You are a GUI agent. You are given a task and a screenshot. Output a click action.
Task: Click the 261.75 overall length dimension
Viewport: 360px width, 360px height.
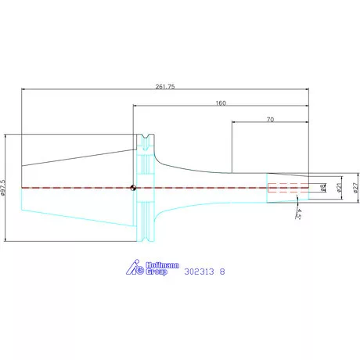click(x=165, y=87)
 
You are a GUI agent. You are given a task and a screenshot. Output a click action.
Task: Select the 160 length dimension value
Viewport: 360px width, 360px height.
click(x=221, y=103)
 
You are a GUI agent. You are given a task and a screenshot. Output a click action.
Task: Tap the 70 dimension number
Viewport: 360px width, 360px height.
click(x=270, y=120)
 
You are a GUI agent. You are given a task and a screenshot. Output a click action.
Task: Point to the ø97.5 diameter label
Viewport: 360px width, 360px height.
click(x=3, y=187)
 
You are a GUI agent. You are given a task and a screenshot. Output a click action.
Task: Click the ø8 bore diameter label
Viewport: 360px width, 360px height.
click(x=323, y=188)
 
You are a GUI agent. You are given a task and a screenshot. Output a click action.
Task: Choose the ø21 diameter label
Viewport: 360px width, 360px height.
click(x=339, y=187)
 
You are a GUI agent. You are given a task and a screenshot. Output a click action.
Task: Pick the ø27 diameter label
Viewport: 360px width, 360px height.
click(x=355, y=188)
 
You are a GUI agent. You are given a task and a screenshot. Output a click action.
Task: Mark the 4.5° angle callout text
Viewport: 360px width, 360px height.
click(x=298, y=214)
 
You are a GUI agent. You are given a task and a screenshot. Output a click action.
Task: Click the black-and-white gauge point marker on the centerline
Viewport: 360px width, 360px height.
click(x=133, y=188)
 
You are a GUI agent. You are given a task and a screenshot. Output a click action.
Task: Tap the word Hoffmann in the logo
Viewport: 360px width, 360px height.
click(x=162, y=265)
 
